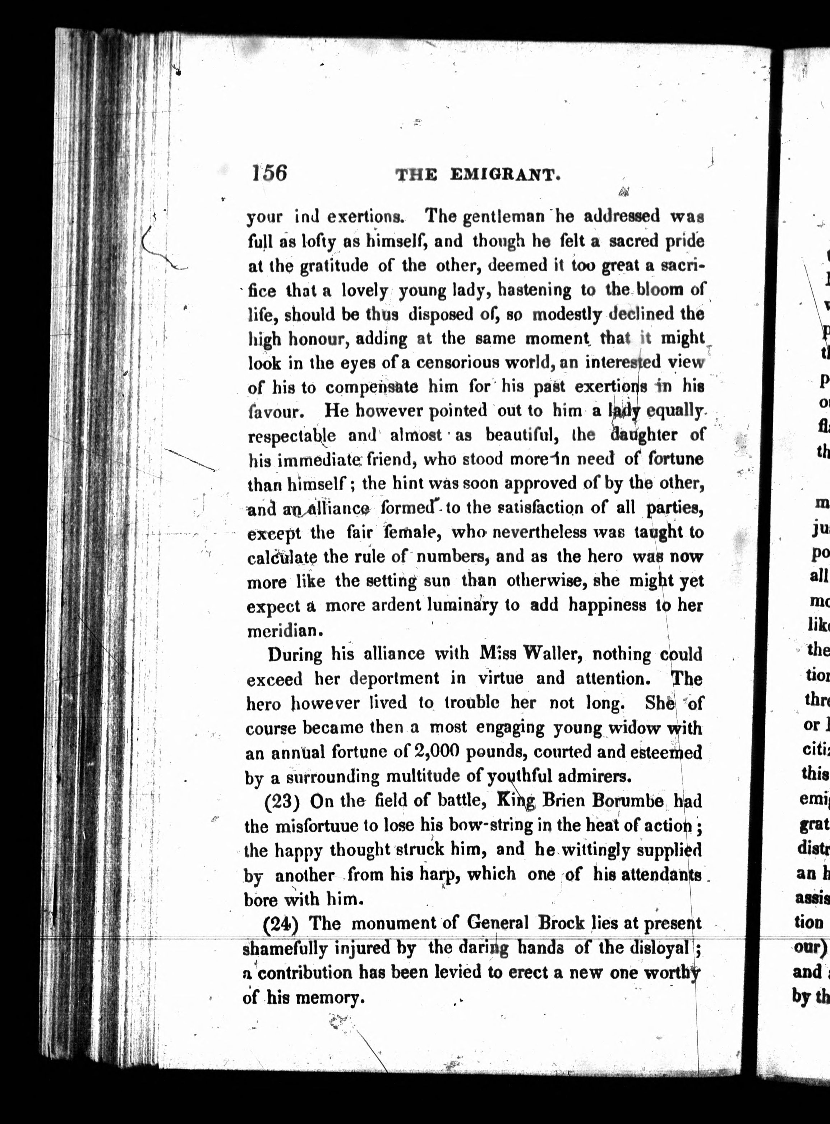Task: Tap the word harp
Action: pos(442,875)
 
